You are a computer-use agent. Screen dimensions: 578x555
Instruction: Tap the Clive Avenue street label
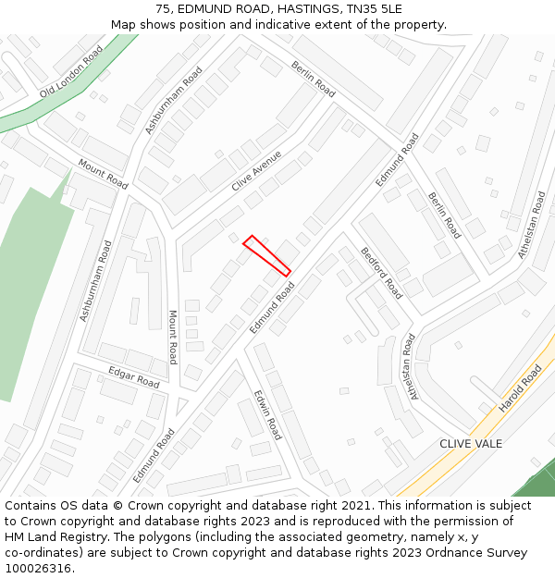tap(256, 171)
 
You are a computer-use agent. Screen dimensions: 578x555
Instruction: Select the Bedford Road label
tap(382, 272)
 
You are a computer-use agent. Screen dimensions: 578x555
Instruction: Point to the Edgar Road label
tap(134, 377)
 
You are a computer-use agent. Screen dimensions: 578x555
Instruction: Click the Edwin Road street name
tap(267, 413)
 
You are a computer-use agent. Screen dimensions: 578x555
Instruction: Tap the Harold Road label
tap(520, 388)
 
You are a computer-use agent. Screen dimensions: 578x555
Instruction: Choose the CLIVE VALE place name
tap(471, 444)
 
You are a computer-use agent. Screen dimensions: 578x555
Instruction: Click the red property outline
tap(266, 255)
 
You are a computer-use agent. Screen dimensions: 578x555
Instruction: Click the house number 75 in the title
tap(163, 9)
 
